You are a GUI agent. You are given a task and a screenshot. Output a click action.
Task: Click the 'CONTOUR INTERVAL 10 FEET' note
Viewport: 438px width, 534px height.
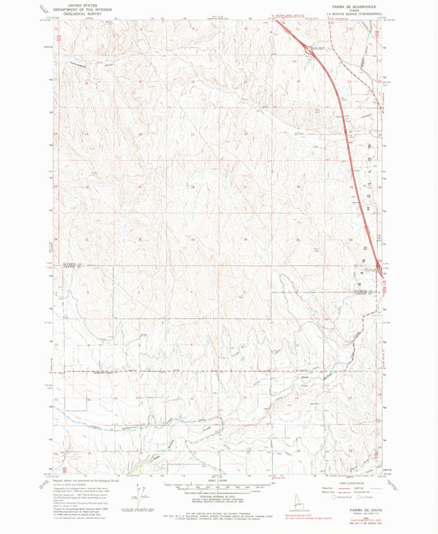point(218,493)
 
